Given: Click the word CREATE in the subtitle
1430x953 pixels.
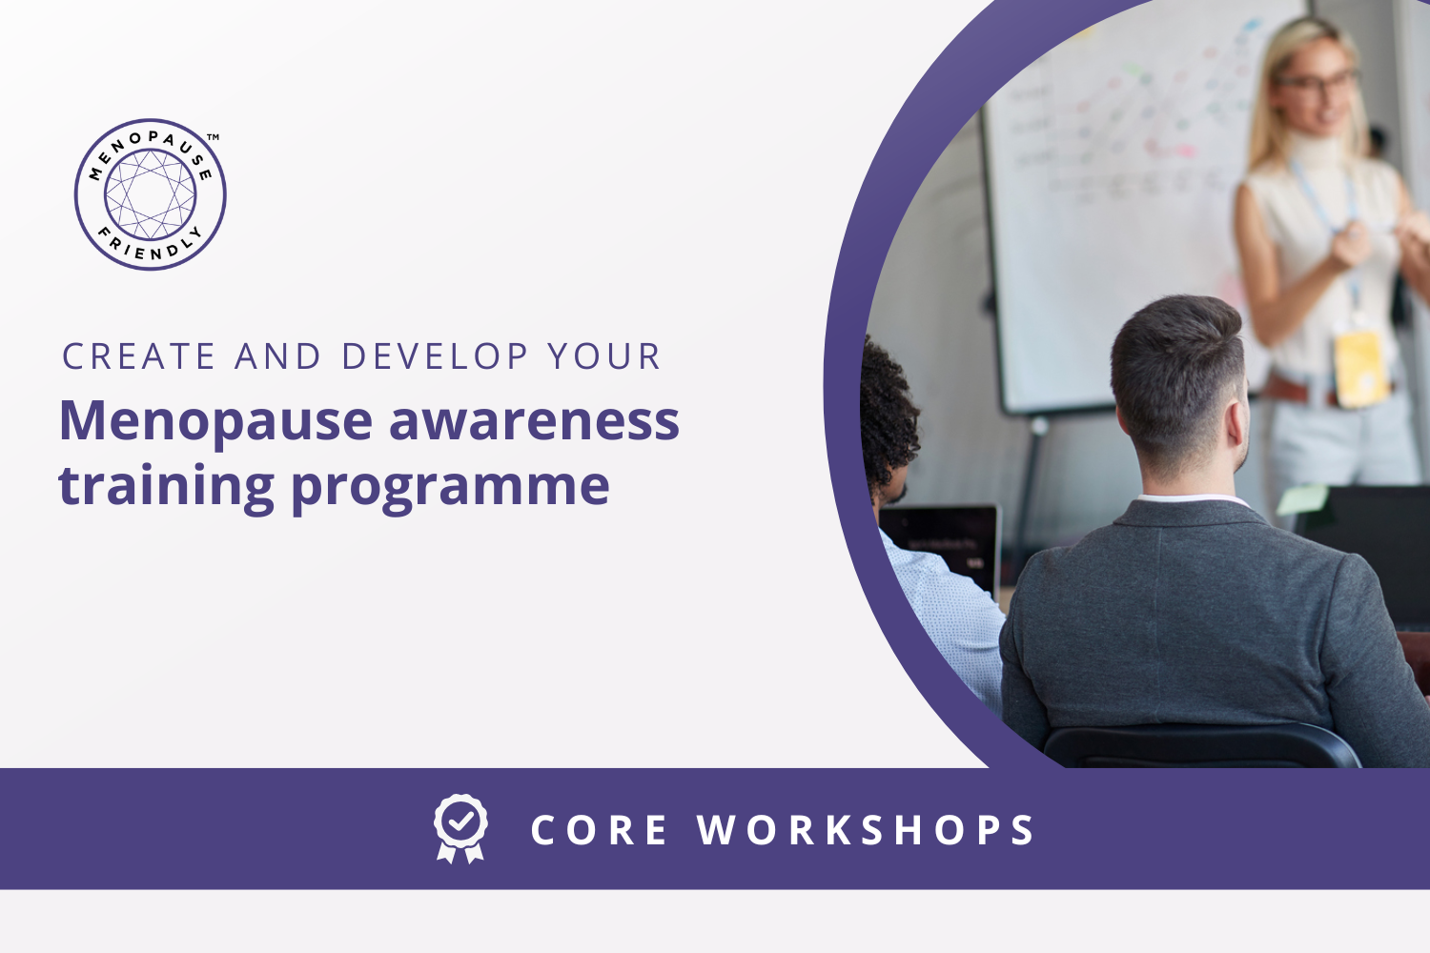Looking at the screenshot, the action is coord(138,356).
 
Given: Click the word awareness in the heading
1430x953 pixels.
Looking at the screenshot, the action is coord(534,422).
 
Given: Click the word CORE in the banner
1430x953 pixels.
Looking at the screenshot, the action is coord(599,830).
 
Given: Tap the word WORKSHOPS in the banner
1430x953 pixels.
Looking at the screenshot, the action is coord(865,830).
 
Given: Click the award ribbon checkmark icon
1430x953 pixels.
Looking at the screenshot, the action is coord(460,828).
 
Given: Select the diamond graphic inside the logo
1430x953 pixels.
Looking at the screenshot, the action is coord(150,194).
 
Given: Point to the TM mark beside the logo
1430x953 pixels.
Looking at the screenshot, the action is coord(214,136).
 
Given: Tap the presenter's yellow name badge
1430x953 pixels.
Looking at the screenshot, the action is coord(1360,368).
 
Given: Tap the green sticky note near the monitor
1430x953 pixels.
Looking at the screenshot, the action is coord(1302,499).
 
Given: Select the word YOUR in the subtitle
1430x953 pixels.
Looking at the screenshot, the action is coord(604,356).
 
